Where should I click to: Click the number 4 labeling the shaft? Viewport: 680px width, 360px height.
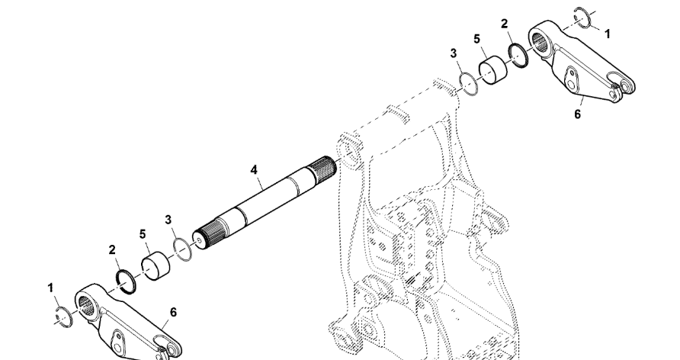click(x=254, y=169)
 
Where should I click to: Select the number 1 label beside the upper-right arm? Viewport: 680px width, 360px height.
click(x=607, y=34)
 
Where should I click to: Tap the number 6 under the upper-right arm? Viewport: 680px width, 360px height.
click(x=577, y=113)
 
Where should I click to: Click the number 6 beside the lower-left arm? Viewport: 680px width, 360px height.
click(x=174, y=313)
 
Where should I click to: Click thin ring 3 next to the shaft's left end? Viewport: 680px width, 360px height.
click(x=181, y=249)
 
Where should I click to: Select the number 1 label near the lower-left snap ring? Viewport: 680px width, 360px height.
click(x=51, y=288)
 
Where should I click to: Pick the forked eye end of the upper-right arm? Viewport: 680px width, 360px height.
click(x=624, y=88)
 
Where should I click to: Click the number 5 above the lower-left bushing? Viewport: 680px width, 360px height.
click(x=143, y=233)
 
